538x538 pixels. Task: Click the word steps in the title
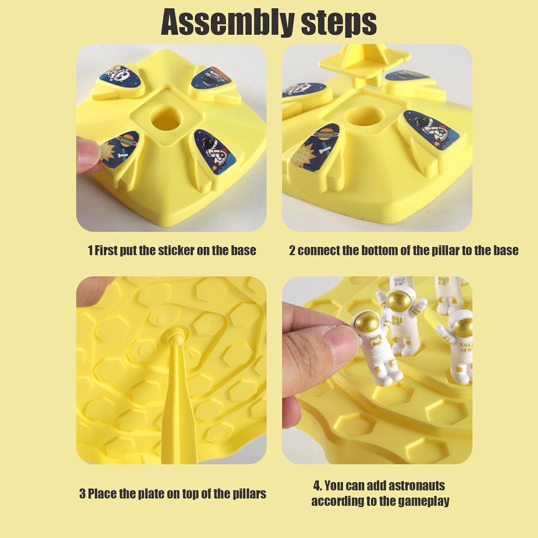(x=339, y=22)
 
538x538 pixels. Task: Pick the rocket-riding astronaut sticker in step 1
(x=215, y=149)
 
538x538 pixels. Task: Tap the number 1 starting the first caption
(x=90, y=250)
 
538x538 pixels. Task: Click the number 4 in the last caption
(x=317, y=486)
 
